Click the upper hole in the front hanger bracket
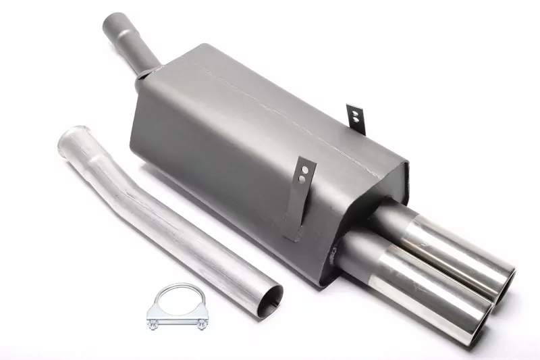[x=304, y=170]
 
